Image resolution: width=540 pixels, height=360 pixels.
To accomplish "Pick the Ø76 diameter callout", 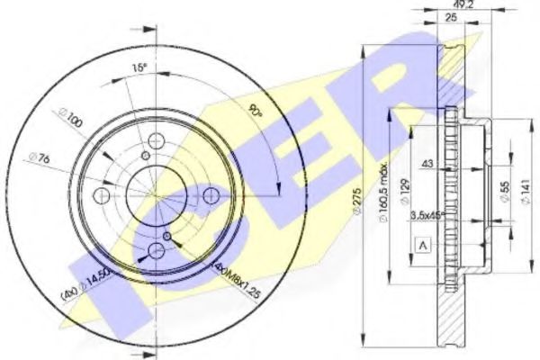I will coord(48,163).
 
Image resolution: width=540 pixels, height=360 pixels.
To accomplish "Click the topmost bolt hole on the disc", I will coord(154,139).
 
